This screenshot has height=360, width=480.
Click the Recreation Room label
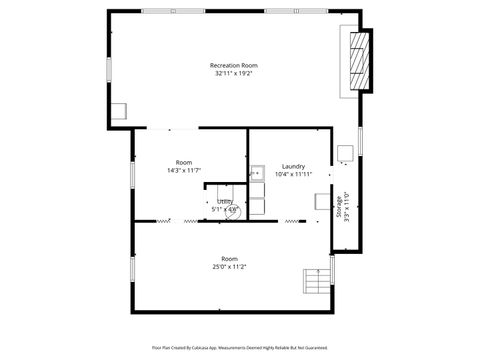[x=233, y=65]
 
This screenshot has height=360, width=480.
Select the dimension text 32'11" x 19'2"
[x=233, y=73]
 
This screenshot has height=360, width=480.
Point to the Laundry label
[x=293, y=166]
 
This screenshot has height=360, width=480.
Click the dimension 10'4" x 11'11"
[x=293, y=174]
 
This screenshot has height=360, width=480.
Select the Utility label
[x=225, y=202]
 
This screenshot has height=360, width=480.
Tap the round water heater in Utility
[x=235, y=211]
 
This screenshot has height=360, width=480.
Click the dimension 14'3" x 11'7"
[x=184, y=170]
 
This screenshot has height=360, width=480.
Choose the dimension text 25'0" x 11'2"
[x=229, y=266]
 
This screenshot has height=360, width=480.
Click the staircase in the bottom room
[x=316, y=282]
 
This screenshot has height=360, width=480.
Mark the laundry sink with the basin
[x=257, y=171]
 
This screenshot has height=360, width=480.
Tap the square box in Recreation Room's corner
[x=119, y=112]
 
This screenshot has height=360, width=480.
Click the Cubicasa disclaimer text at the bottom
[x=239, y=347]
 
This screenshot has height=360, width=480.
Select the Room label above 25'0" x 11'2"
[x=229, y=258]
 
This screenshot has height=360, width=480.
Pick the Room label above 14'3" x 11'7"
[x=184, y=162]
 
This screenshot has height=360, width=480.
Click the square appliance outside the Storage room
[x=345, y=154]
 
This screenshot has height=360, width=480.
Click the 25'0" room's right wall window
[x=332, y=268]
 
